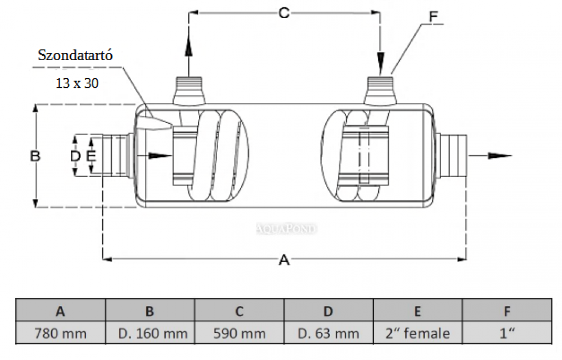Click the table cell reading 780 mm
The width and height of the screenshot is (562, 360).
(60, 333)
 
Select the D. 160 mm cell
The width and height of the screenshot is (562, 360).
(150, 333)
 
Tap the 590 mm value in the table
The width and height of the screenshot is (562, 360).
(239, 333)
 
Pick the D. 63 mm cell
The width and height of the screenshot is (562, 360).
(329, 333)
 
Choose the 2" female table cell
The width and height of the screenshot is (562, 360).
(418, 333)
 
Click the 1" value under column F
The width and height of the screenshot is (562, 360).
(507, 333)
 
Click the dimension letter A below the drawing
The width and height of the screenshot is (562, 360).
(284, 259)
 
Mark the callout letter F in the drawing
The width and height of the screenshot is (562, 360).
(433, 16)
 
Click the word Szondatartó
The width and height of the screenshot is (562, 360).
(76, 55)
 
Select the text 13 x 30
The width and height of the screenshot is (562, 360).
(77, 83)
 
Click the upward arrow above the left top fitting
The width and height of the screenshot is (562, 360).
(189, 45)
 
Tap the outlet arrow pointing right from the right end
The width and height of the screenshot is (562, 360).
(495, 156)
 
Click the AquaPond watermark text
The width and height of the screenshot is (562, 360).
(287, 228)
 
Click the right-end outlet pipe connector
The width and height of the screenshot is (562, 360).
(452, 156)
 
